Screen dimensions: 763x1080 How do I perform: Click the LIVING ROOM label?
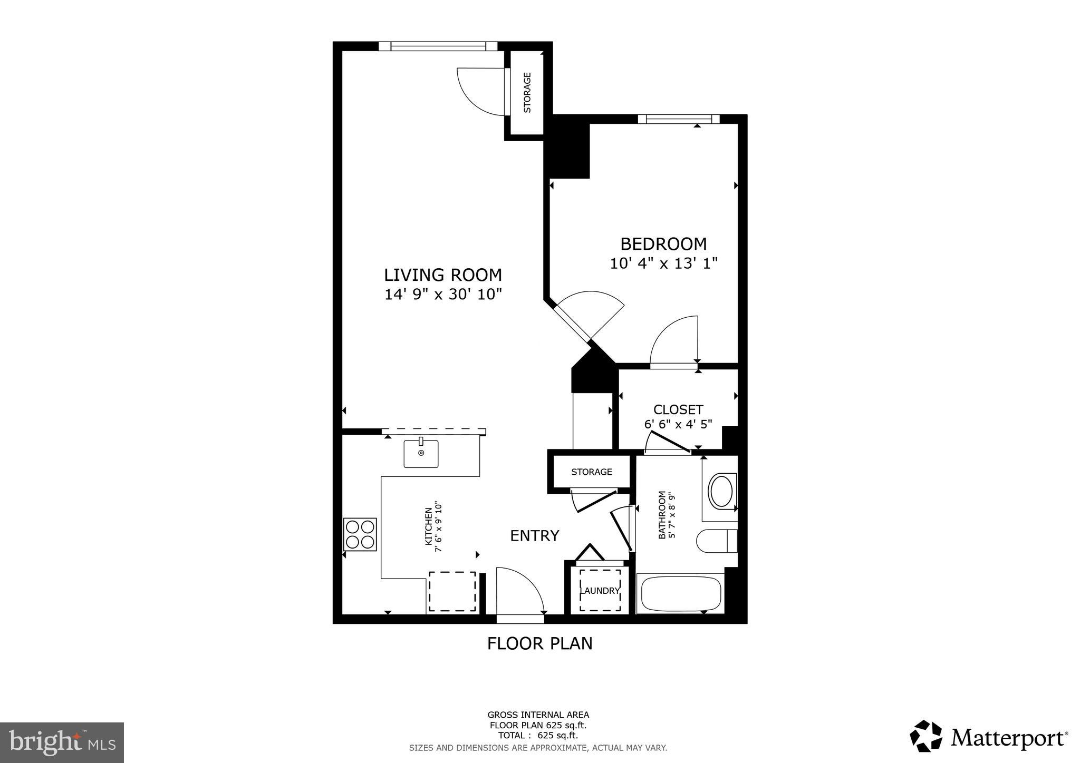click(x=442, y=275)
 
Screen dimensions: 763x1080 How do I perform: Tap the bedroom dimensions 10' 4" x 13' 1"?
click(x=663, y=263)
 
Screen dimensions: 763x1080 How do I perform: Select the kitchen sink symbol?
click(x=421, y=454)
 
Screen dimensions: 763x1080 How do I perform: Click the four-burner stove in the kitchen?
click(x=360, y=534)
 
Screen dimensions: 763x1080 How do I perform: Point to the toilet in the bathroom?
click(x=716, y=541)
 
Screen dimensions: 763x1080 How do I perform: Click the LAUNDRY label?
click(x=600, y=591)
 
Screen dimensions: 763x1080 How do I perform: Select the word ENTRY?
click(x=534, y=536)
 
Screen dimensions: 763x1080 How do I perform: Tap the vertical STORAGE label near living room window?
click(x=527, y=93)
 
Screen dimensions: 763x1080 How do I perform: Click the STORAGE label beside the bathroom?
click(x=591, y=472)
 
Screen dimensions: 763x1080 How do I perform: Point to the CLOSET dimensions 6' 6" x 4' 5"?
click(x=678, y=424)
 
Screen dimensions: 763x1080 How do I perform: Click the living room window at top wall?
click(x=438, y=46)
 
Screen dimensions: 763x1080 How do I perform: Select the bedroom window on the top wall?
click(x=678, y=119)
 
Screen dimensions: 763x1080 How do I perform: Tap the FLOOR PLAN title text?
click(x=539, y=643)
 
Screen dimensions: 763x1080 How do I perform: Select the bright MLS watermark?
click(x=62, y=742)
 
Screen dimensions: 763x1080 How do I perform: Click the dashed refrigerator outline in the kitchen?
click(x=452, y=591)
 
